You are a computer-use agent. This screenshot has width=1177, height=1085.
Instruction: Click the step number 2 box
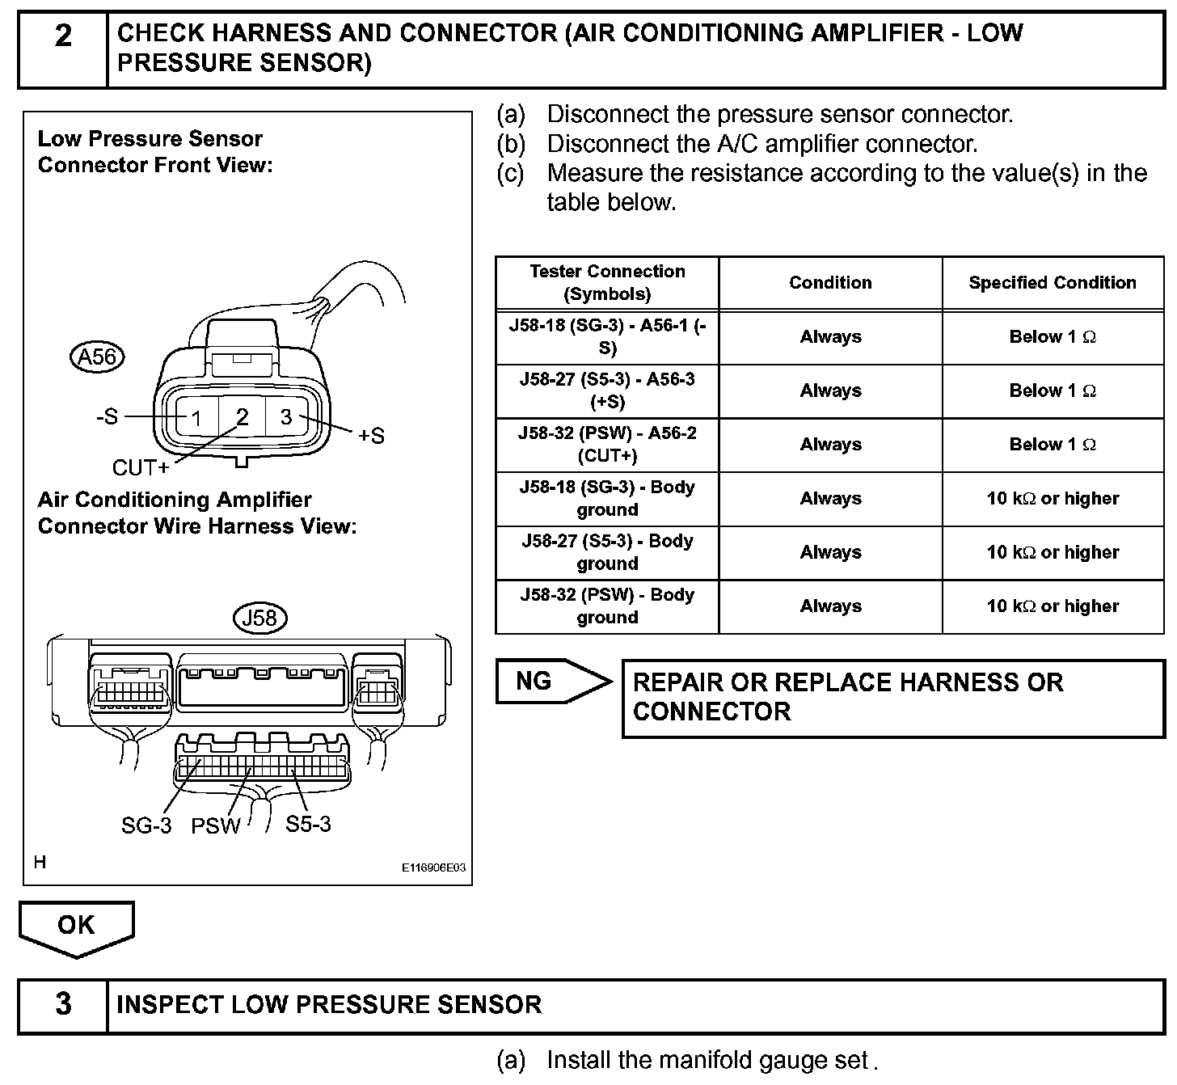click(x=63, y=48)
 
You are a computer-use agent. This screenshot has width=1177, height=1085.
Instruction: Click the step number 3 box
click(x=63, y=1005)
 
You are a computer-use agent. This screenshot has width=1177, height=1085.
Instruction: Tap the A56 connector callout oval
click(x=98, y=357)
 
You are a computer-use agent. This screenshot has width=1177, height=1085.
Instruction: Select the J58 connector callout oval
click(x=259, y=618)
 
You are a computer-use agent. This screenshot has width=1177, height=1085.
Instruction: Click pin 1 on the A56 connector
click(x=196, y=418)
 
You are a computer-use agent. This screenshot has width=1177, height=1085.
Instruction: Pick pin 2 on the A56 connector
click(x=242, y=417)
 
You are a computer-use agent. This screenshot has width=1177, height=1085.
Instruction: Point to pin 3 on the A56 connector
click(x=286, y=416)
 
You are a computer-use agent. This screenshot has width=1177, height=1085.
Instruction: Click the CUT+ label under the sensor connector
click(x=141, y=467)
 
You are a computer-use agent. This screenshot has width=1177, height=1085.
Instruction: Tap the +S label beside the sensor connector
click(x=371, y=436)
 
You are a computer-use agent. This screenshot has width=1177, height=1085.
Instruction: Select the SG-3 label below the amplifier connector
click(x=146, y=825)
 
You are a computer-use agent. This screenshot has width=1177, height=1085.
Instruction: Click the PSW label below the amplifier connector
click(x=216, y=825)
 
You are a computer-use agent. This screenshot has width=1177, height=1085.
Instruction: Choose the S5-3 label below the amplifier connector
click(x=308, y=824)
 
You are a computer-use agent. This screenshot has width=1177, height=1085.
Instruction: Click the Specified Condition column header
click(x=1053, y=282)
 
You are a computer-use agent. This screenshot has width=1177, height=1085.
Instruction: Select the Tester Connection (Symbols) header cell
click(x=607, y=282)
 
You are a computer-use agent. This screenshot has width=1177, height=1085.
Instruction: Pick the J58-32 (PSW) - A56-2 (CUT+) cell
click(x=607, y=444)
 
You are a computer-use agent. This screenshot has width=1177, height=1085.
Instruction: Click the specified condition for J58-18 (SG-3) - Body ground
click(x=1053, y=498)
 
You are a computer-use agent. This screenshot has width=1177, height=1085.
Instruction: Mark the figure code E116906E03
click(x=434, y=868)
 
